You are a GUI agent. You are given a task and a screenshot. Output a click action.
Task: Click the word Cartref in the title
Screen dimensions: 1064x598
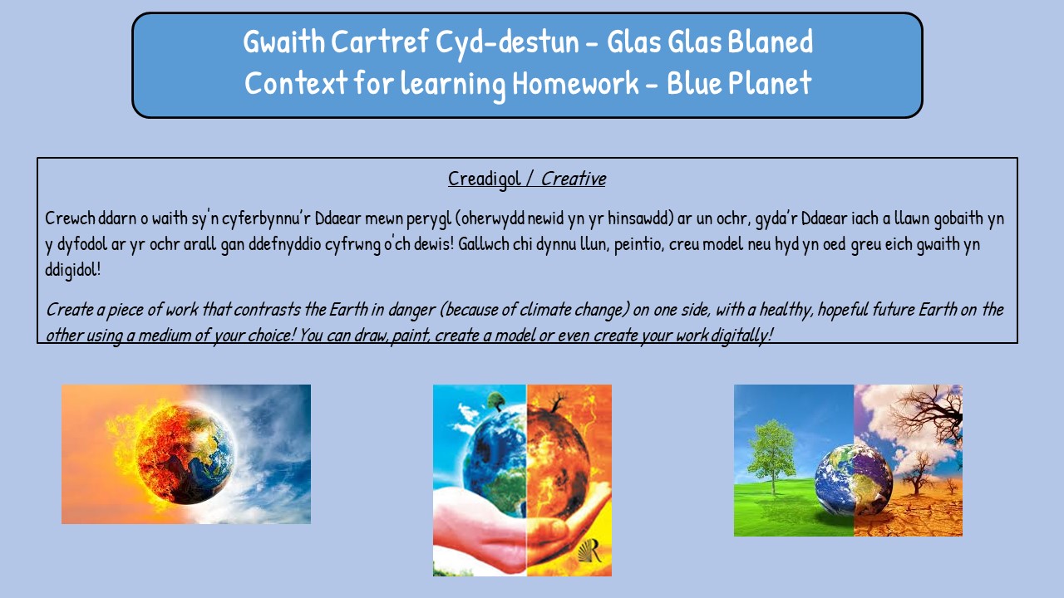pyautogui.click(x=380, y=42)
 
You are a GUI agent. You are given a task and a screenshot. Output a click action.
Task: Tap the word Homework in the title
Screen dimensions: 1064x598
pyautogui.click(x=575, y=83)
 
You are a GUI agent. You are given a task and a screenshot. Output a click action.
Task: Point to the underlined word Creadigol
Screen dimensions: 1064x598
pyautogui.click(x=485, y=179)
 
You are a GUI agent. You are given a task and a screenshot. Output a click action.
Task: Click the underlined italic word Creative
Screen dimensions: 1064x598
pyautogui.click(x=574, y=179)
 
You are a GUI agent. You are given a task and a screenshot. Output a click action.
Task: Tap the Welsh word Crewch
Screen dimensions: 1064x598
pyautogui.click(x=71, y=218)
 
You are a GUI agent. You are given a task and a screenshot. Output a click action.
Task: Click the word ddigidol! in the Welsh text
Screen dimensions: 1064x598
pyautogui.click(x=72, y=270)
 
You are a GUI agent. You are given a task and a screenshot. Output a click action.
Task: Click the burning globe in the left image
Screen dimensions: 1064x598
pyautogui.click(x=184, y=454)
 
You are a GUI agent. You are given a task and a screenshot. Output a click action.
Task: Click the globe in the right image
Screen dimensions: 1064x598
pyautogui.click(x=854, y=480)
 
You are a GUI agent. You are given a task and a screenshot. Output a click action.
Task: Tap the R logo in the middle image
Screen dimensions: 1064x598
pyautogui.click(x=590, y=551)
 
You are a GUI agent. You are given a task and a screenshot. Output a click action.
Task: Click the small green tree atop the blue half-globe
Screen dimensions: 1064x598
pyautogui.click(x=495, y=401)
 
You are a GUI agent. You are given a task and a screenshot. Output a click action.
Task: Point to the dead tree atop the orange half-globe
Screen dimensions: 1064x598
pyautogui.click(x=557, y=401)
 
